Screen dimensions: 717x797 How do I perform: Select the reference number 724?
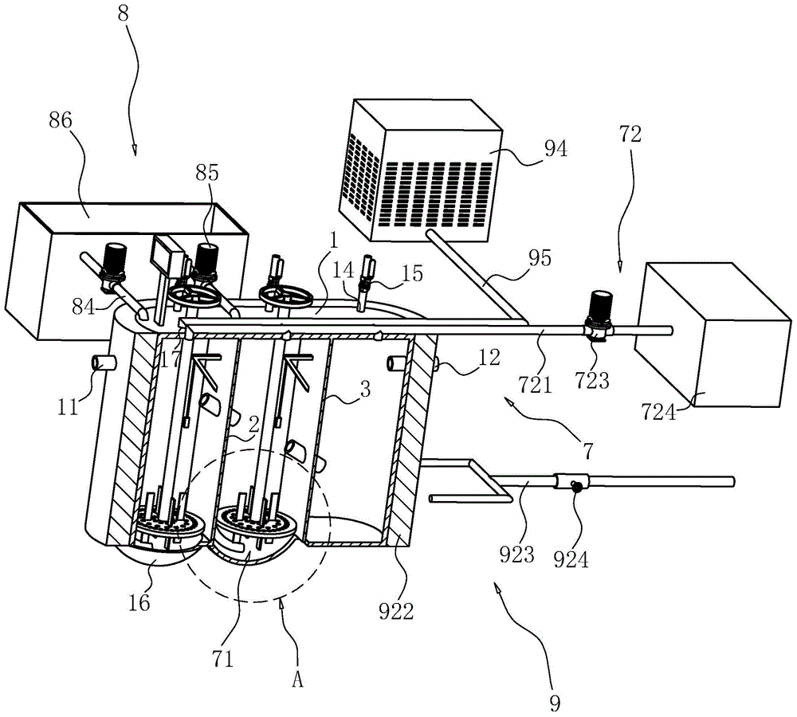[x=658, y=412]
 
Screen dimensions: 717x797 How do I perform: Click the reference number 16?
[x=139, y=602]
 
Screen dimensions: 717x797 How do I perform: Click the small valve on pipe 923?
[x=573, y=482]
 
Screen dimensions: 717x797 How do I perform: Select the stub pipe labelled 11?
[x=100, y=363]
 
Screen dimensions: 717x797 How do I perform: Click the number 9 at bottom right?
[x=556, y=703]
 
